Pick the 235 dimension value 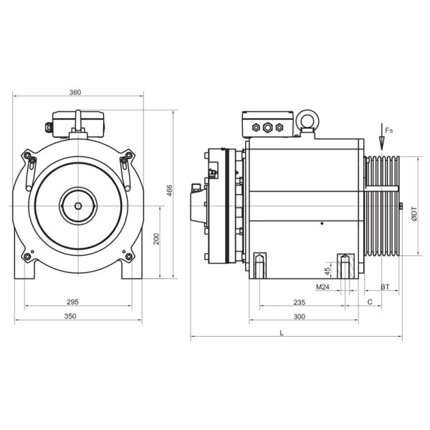coord(300,302)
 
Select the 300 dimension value coord(300,316)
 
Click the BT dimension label coord(385,287)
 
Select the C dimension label coord(370,302)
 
